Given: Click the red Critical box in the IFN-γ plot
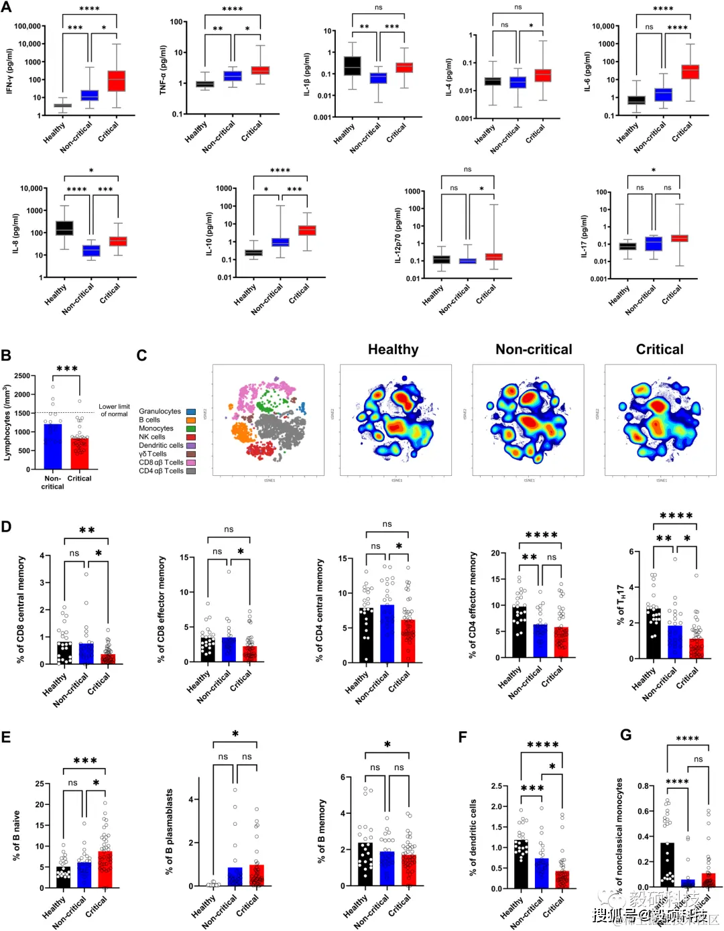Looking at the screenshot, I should pos(117,80).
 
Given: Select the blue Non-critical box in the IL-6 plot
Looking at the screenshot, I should pos(664,95).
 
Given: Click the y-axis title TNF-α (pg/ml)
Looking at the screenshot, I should pos(163,70).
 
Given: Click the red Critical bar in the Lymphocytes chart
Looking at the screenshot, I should pos(79,454).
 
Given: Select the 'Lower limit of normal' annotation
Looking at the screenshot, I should pos(114,410).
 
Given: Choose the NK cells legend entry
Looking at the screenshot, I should pos(152,437).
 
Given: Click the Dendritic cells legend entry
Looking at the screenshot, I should pos(161,446).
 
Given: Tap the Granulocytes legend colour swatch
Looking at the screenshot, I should pos(191,412).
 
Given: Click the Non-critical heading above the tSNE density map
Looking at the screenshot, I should pos(534,349).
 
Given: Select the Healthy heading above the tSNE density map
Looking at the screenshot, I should pos(393,349).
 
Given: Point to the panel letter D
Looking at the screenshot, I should pos(7,527).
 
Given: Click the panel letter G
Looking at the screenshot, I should pos(625,735).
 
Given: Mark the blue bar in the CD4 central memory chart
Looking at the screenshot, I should pos(387,634).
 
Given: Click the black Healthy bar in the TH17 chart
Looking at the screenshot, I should pos(654,633).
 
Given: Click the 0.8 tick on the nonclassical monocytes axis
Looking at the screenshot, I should pos(643,786).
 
